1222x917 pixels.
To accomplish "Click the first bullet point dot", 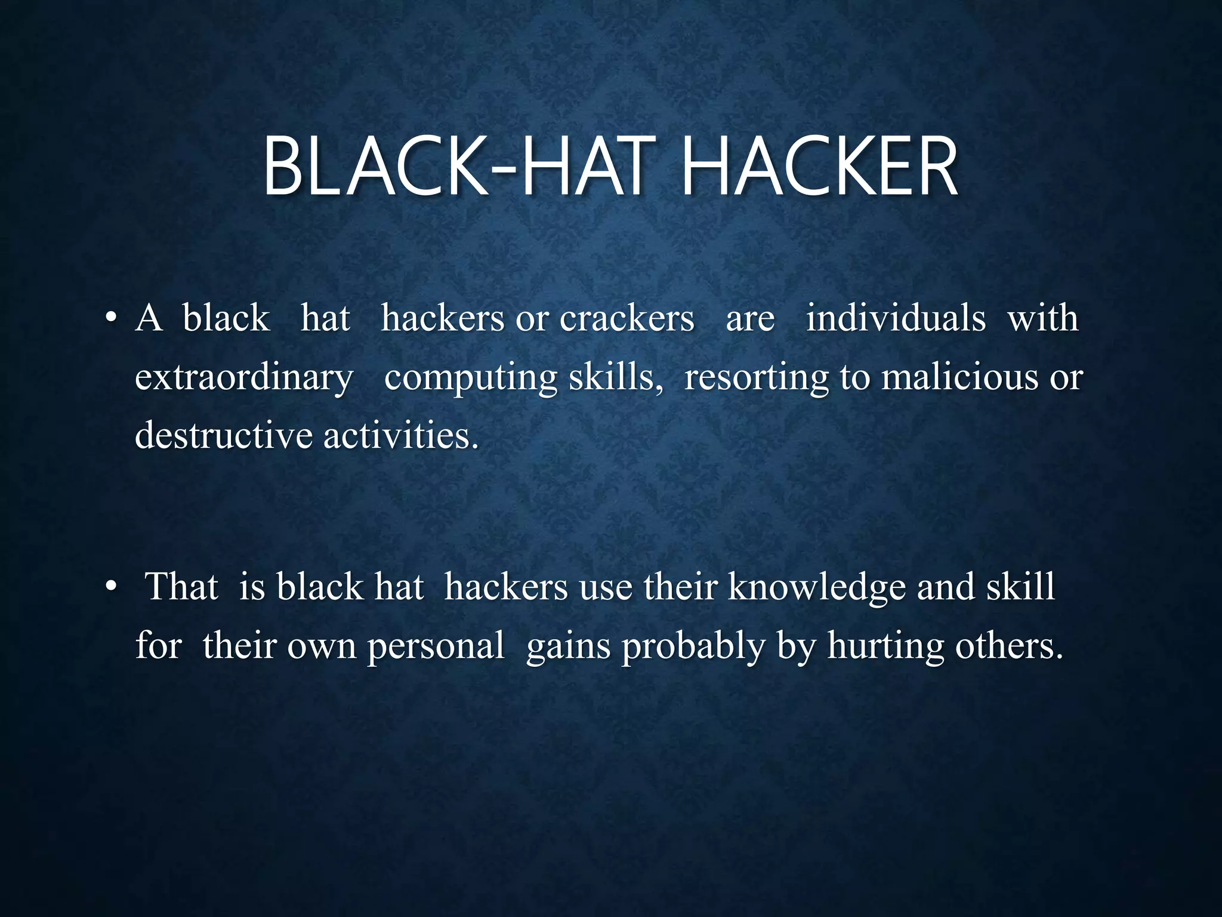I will [109, 319].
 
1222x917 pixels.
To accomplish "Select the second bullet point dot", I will [109, 588].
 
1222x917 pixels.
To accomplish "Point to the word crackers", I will [627, 318].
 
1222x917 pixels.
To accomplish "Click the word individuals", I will [896, 318].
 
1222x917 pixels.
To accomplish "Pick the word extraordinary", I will [244, 378].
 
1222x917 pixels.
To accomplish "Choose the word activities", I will [401, 435].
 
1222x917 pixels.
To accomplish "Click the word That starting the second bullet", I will [181, 587].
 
